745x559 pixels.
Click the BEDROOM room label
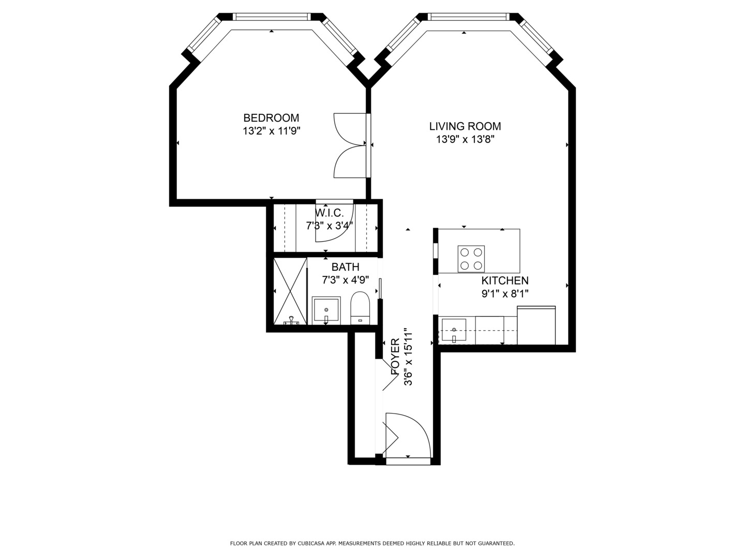[x=271, y=118]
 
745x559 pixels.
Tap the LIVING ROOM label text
[x=465, y=126]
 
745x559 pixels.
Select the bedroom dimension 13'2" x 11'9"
[x=271, y=131]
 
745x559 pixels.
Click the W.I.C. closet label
[x=330, y=213]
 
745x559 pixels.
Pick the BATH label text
[x=345, y=267]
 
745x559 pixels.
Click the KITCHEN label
[x=504, y=281]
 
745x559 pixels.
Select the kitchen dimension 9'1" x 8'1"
[x=504, y=293]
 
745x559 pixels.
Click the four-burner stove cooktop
[x=471, y=259]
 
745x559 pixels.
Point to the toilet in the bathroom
[x=360, y=307]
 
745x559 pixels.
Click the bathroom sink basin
[x=326, y=310]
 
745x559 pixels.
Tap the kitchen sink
[x=454, y=330]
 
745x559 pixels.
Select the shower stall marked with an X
[x=290, y=291]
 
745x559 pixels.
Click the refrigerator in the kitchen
[x=536, y=326]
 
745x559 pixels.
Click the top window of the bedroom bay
[x=272, y=17]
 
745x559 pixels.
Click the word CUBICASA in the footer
[x=320, y=543]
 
